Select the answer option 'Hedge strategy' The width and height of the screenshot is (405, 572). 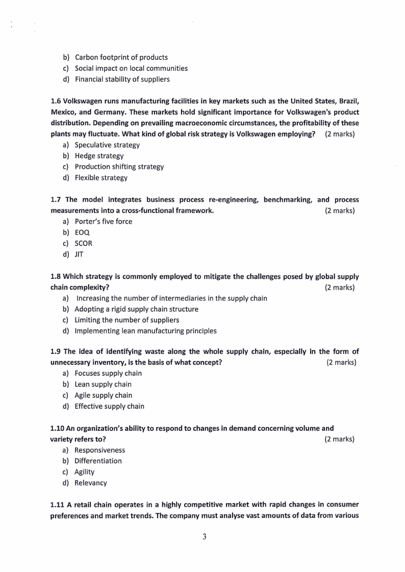click(99, 156)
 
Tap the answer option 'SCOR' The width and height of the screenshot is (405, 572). click(83, 243)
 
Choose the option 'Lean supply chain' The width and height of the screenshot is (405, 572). click(103, 384)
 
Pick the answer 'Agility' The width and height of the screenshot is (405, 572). click(84, 472)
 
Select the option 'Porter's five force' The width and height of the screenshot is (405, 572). click(103, 221)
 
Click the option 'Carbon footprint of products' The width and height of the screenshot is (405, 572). click(121, 58)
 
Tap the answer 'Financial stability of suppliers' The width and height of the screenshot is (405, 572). click(122, 79)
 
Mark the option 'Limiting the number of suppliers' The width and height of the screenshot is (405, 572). click(126, 320)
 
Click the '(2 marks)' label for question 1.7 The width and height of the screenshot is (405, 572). click(340, 211)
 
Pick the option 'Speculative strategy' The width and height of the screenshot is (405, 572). click(107, 145)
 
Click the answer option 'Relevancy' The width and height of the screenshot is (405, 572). click(90, 483)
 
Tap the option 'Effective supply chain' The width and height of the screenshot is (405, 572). click(109, 406)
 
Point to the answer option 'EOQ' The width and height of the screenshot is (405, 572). click(82, 232)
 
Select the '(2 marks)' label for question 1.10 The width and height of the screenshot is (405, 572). click(340, 439)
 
